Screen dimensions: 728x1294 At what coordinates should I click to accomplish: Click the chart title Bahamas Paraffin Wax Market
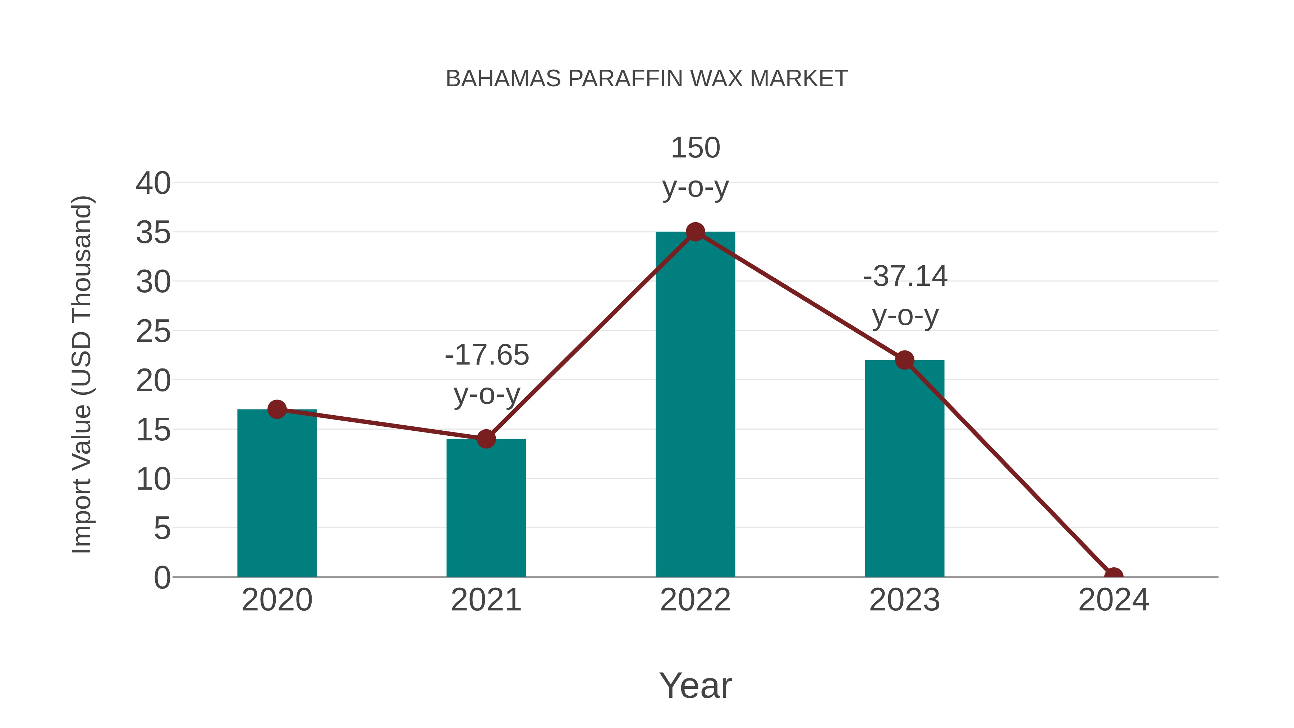[x=647, y=79]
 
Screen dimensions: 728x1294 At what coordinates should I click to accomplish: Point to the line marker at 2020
[x=277, y=409]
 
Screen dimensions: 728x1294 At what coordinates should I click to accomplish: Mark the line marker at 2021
[x=486, y=439]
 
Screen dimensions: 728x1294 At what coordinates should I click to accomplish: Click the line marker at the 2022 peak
[x=695, y=232]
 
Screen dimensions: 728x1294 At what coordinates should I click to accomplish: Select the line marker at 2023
[x=904, y=360]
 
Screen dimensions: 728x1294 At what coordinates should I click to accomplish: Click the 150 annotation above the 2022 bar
[x=695, y=148]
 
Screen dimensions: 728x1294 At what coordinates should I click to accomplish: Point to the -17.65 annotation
[x=487, y=355]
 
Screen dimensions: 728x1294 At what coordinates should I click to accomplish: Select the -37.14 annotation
[x=905, y=276]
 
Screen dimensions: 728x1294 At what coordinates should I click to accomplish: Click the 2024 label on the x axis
[x=1113, y=600]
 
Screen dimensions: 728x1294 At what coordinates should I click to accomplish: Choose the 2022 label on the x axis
[x=695, y=600]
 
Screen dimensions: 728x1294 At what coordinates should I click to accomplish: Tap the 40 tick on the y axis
[x=153, y=183]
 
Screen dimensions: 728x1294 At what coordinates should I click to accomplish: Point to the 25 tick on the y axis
[x=153, y=331]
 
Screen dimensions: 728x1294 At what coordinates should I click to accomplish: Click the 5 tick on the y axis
[x=162, y=528]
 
